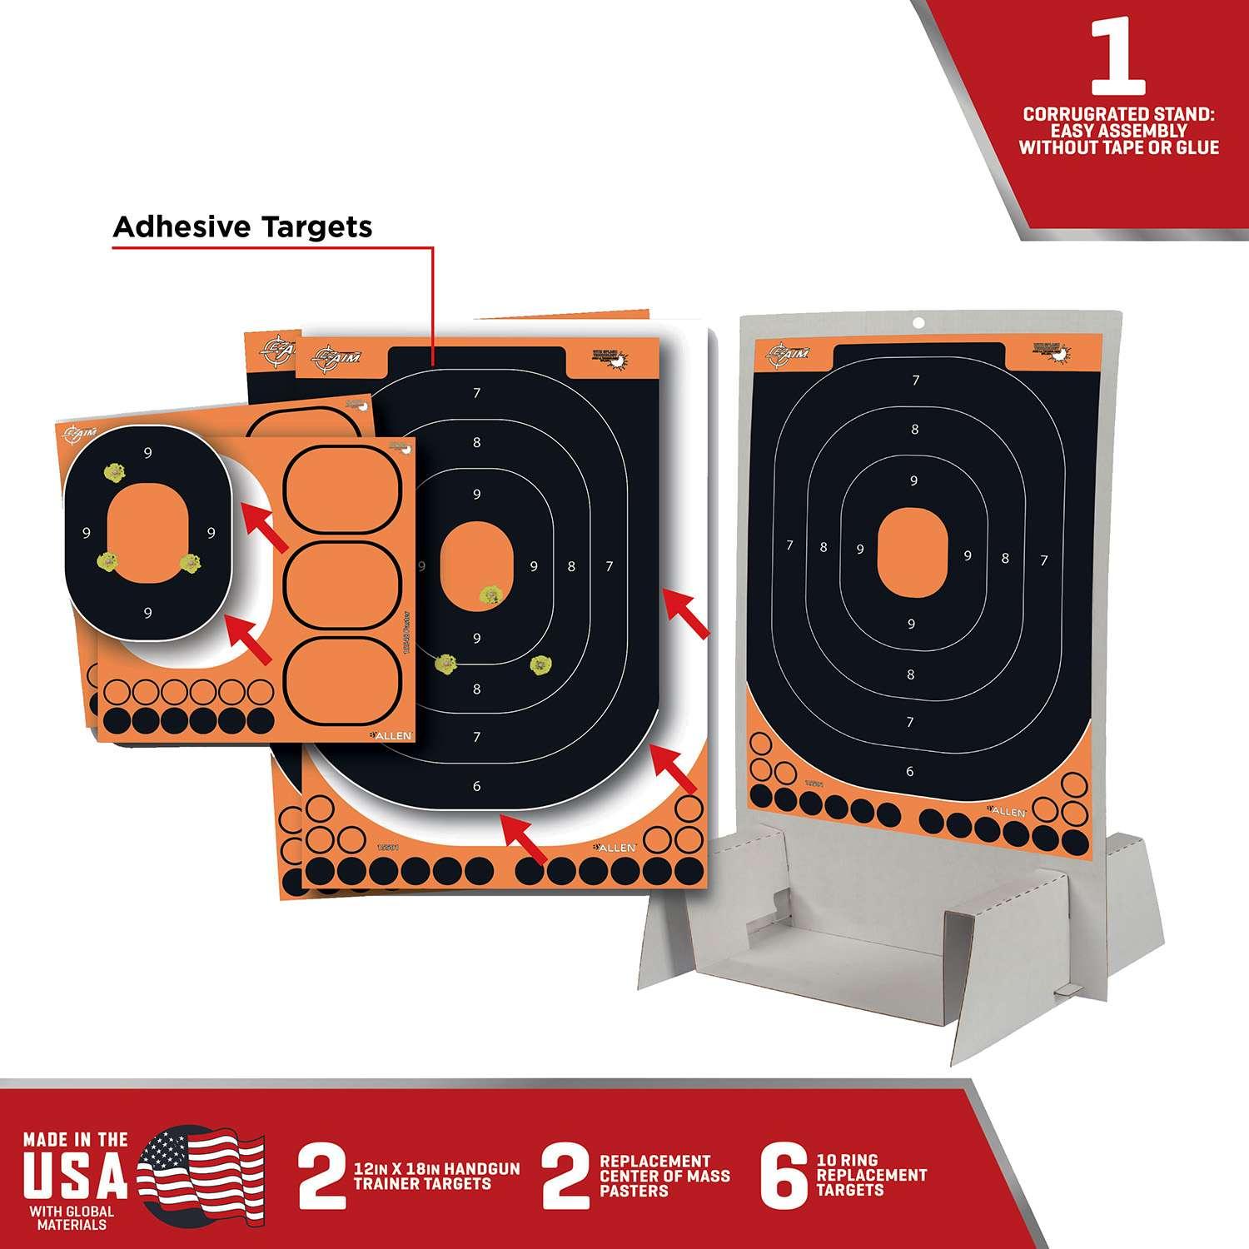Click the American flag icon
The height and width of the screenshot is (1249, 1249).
click(x=201, y=1177)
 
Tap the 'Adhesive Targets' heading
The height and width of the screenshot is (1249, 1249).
click(x=242, y=226)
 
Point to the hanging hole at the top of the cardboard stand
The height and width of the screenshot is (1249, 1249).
click(x=918, y=322)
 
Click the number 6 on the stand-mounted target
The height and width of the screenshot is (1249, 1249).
click(x=909, y=772)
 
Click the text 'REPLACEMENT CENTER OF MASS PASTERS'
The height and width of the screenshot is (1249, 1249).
click(x=664, y=1176)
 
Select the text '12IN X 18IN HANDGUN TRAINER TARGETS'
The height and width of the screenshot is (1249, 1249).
click(x=436, y=1177)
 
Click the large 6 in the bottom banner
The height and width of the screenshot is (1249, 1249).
click(x=784, y=1176)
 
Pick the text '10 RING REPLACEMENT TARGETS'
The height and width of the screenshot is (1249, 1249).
click(x=871, y=1176)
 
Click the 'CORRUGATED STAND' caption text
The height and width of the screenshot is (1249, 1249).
click(x=1118, y=131)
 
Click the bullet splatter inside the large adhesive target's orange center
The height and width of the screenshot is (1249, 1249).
click(x=491, y=594)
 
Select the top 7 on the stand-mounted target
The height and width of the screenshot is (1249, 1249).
click(x=916, y=381)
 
